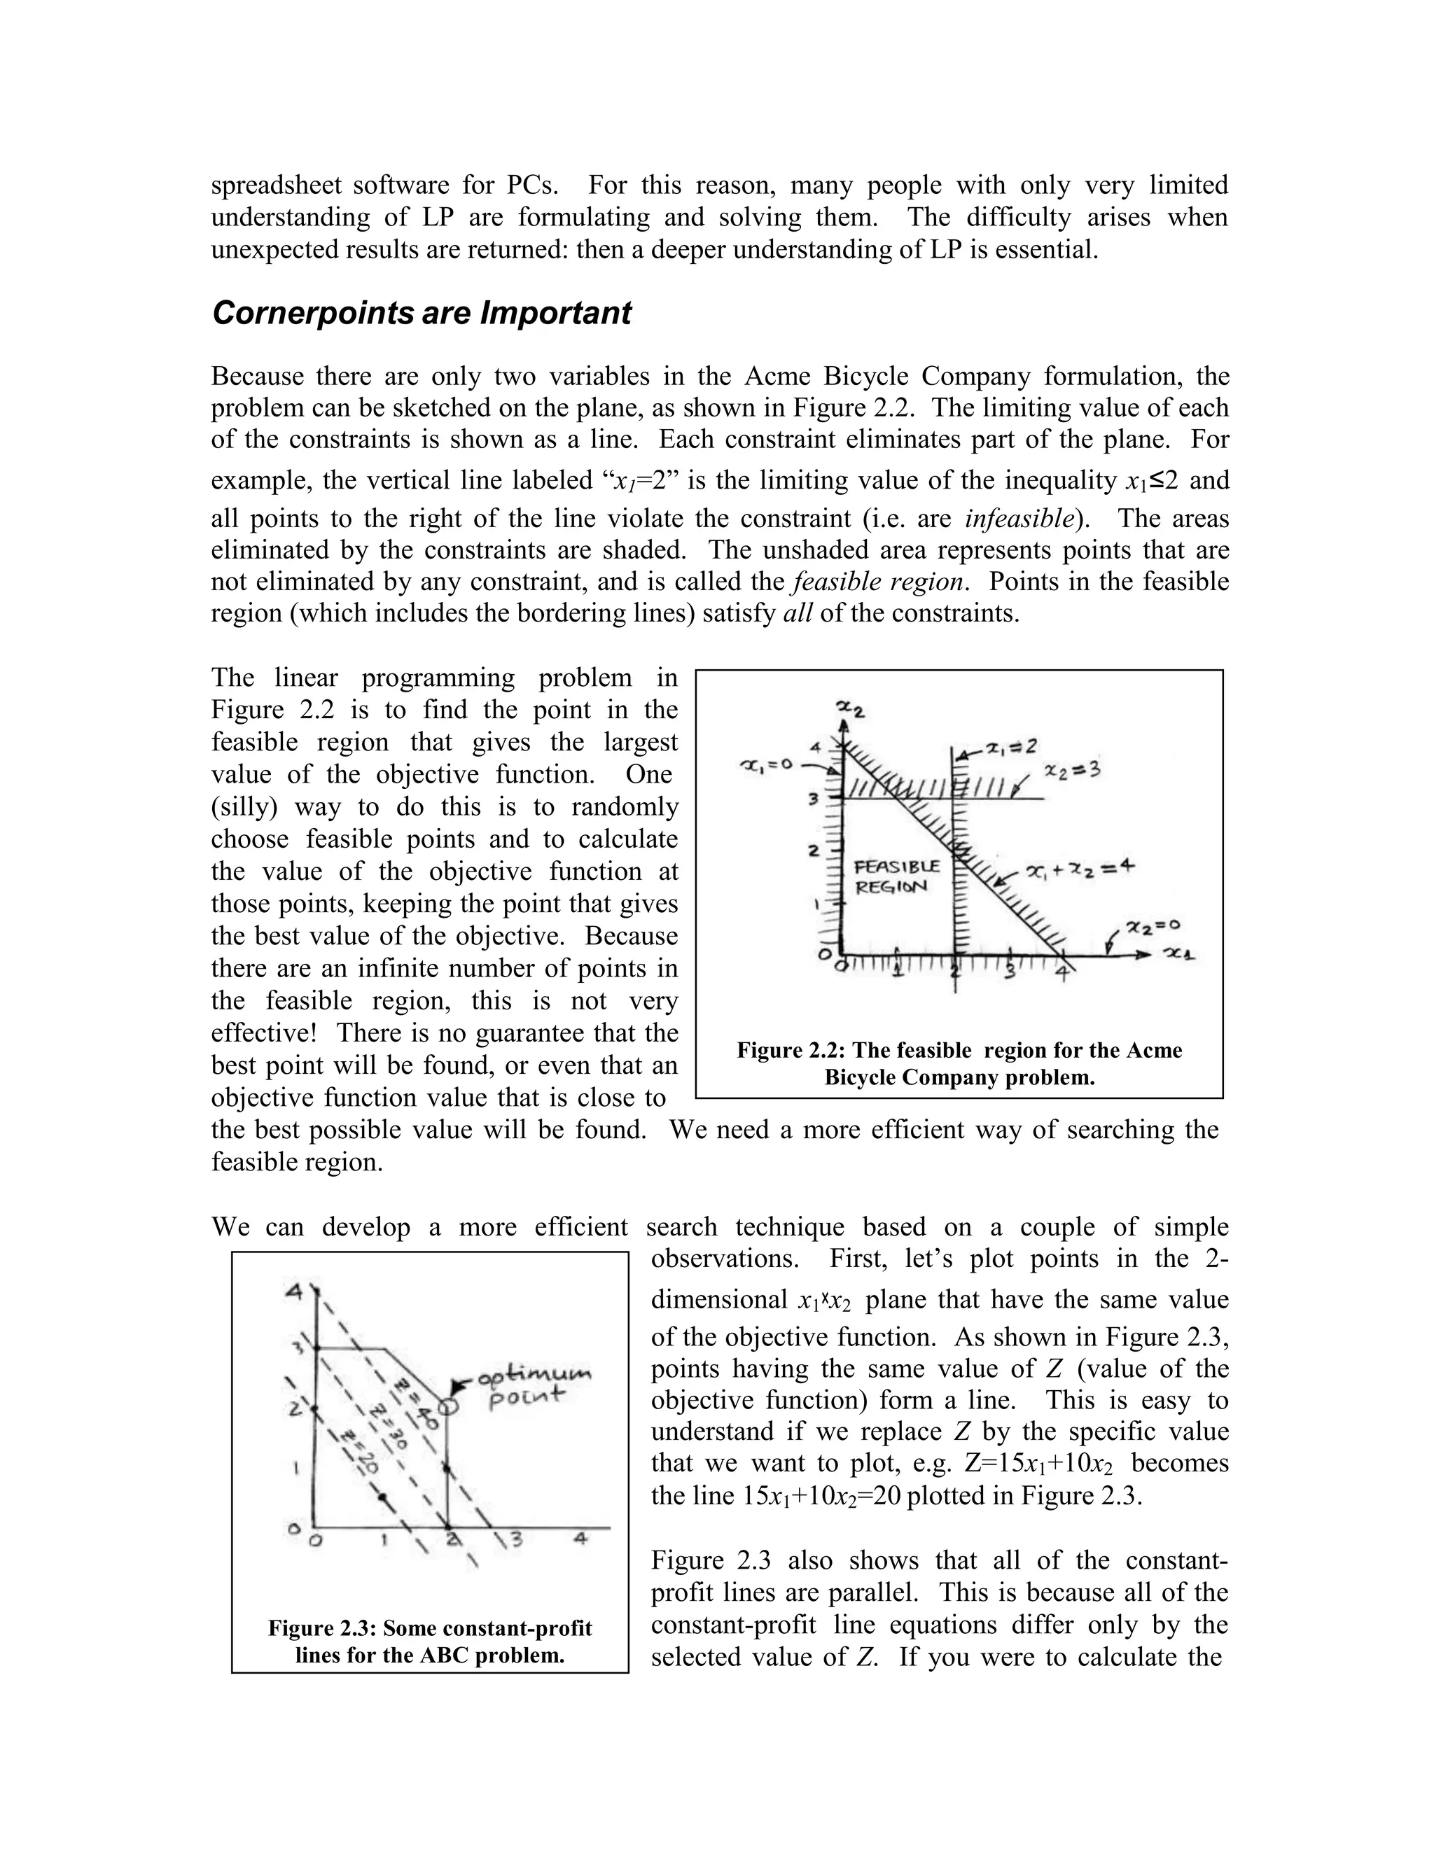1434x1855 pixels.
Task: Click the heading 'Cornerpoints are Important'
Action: [x=421, y=314]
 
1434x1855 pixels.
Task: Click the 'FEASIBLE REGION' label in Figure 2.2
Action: [x=896, y=876]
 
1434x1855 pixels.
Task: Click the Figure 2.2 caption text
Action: [x=959, y=1063]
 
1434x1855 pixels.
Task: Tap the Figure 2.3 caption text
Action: [x=430, y=1641]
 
